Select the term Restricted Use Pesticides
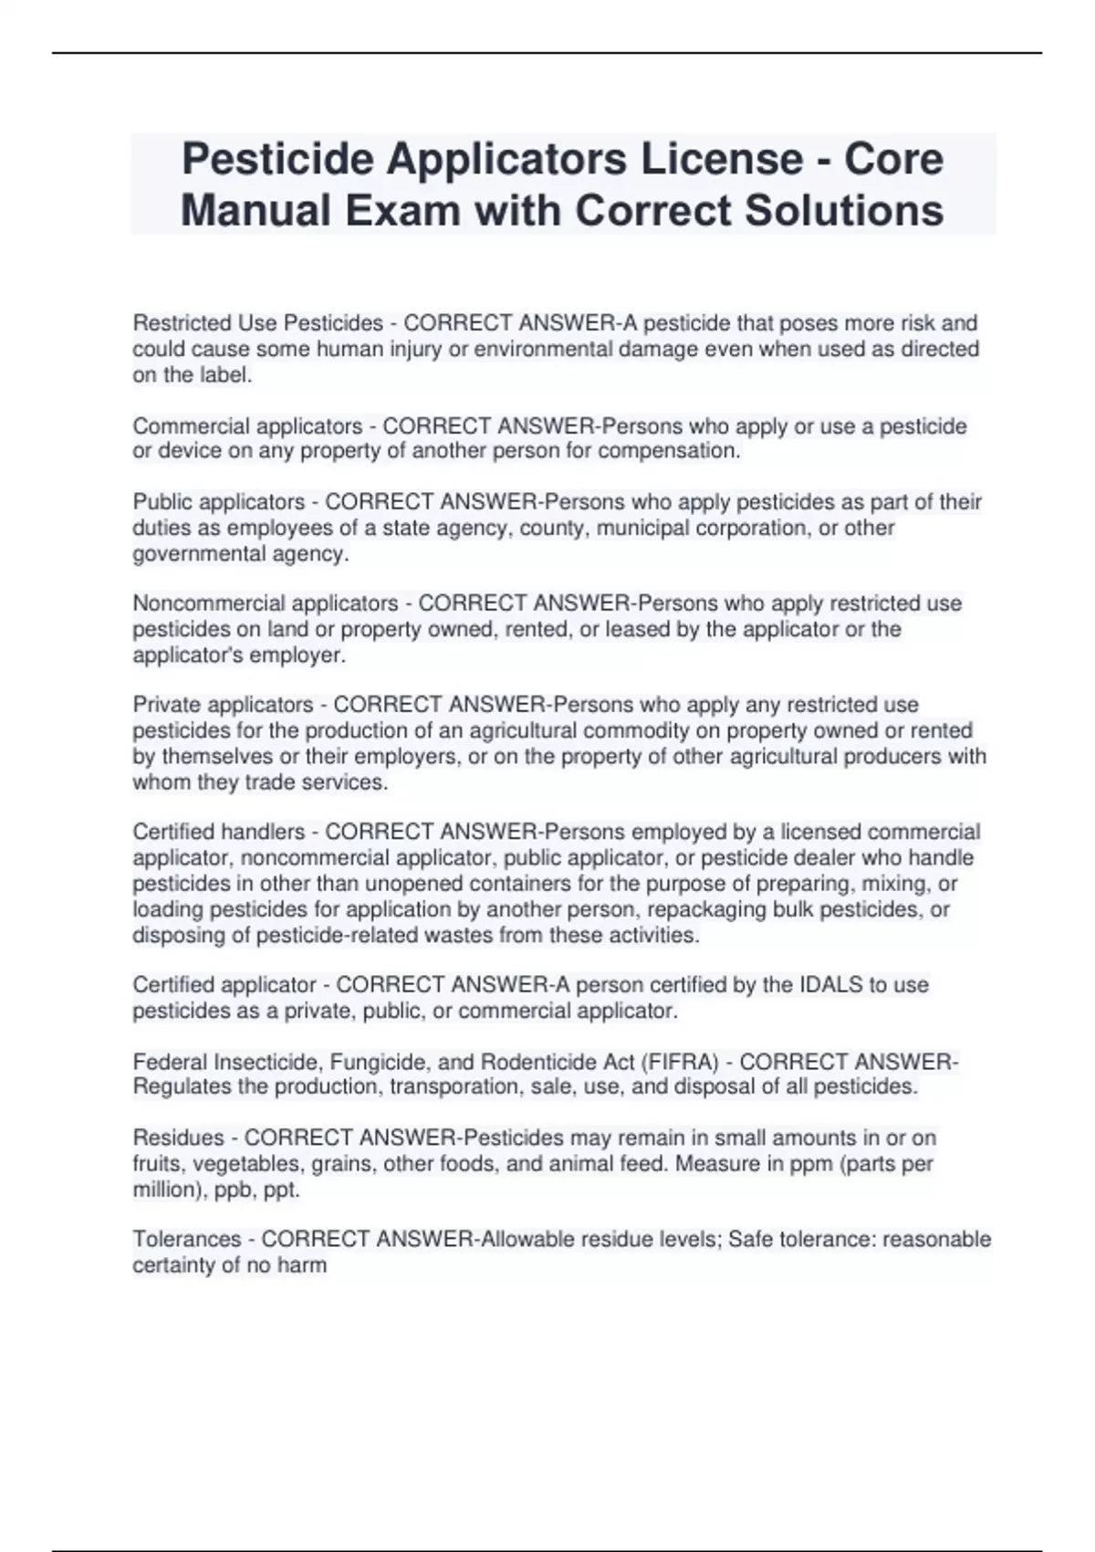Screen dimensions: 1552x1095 point(258,323)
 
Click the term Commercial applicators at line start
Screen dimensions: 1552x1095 point(247,426)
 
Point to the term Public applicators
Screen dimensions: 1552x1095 point(219,502)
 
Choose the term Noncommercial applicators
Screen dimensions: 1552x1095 point(266,603)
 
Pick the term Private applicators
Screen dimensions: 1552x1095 point(223,705)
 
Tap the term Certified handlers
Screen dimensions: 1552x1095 point(219,832)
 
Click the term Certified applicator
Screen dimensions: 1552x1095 point(224,985)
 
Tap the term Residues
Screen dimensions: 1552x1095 point(178,1138)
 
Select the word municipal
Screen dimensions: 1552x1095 point(639,528)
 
